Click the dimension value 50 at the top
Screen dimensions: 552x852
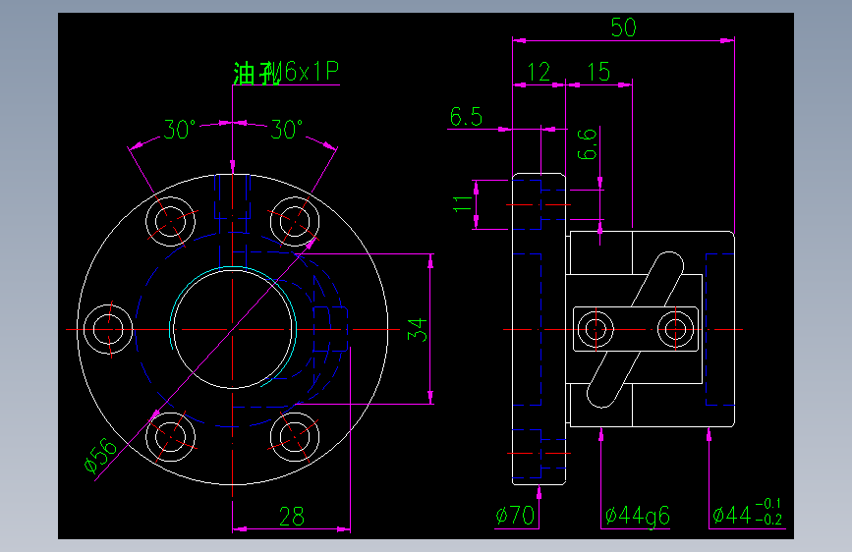click(623, 28)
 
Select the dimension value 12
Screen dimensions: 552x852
click(539, 71)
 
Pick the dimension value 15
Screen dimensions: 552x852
click(597, 71)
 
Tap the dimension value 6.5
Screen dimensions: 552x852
click(466, 118)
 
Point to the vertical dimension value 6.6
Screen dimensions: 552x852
click(586, 144)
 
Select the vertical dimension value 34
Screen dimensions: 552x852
click(420, 329)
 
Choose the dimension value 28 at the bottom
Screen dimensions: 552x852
click(292, 516)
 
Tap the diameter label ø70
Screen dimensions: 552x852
click(516, 515)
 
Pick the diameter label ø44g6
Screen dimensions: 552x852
click(638, 515)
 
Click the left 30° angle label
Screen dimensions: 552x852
click(180, 130)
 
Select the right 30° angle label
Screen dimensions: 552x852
click(286, 130)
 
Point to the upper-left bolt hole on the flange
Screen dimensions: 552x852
click(171, 219)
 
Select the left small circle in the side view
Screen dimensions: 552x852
click(595, 328)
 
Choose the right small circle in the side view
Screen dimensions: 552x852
click(674, 328)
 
